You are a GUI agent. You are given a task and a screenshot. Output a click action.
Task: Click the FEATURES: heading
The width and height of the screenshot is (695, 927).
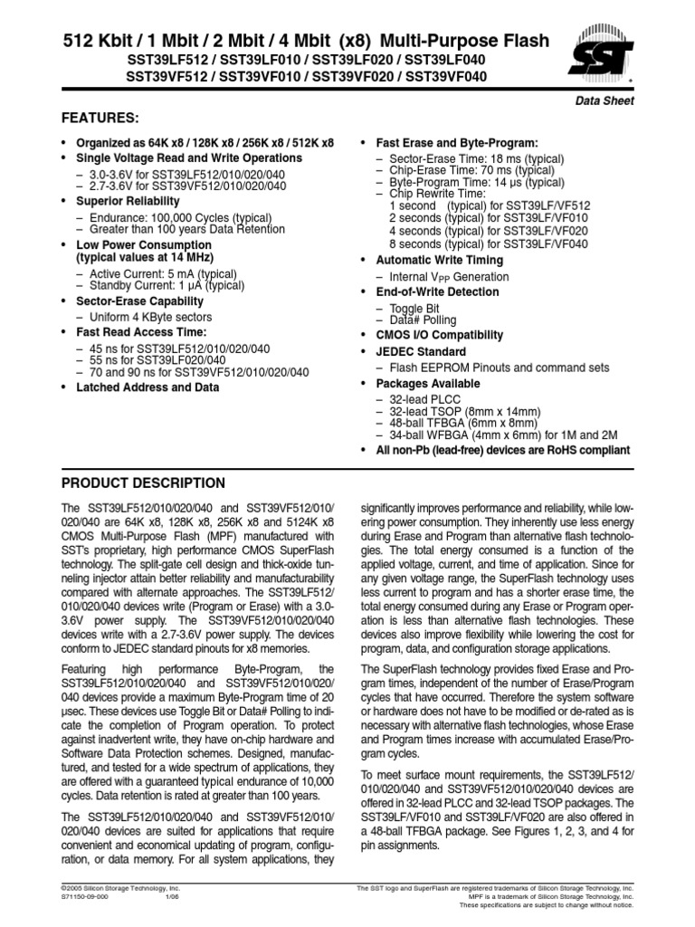point(100,118)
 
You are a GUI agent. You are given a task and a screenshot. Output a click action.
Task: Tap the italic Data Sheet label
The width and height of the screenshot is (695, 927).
point(605,101)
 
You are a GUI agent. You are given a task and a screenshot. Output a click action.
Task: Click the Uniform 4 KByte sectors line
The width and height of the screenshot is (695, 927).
point(150,317)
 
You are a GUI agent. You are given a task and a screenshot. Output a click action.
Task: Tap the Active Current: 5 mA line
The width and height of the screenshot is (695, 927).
point(150,273)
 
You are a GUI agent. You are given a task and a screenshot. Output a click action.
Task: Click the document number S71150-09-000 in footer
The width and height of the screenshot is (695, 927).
point(90,898)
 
